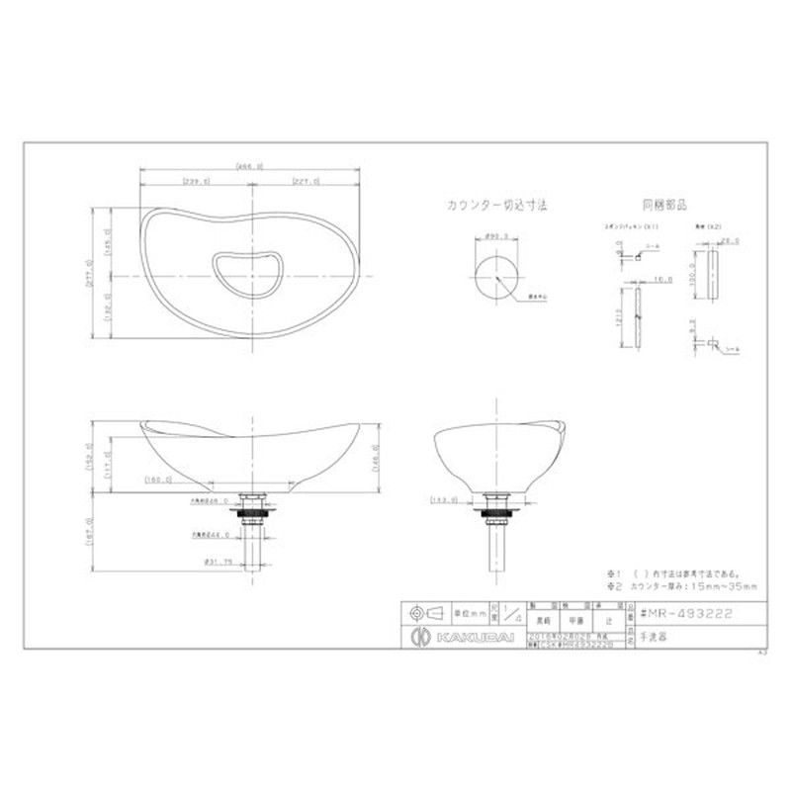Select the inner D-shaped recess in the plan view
(247, 270)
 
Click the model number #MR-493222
(687, 613)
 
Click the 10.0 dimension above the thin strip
(661, 280)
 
